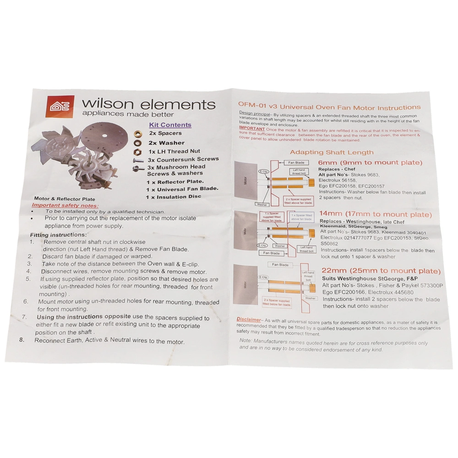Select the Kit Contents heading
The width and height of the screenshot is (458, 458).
[x=170, y=125]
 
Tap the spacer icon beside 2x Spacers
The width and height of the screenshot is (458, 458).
[x=137, y=134]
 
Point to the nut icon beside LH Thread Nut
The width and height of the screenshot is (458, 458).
[x=137, y=151]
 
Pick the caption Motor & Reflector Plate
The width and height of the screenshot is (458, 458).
[x=64, y=198]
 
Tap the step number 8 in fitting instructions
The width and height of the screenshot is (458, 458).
[x=22, y=340]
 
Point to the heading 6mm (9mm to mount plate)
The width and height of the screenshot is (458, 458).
[x=370, y=163]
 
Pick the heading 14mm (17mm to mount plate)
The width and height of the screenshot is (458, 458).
[x=376, y=214]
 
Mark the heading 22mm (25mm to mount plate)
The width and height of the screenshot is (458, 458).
[x=382, y=271]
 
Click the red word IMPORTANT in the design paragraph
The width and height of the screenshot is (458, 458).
[x=251, y=129]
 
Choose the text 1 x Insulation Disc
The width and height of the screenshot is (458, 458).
[x=174, y=196]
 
